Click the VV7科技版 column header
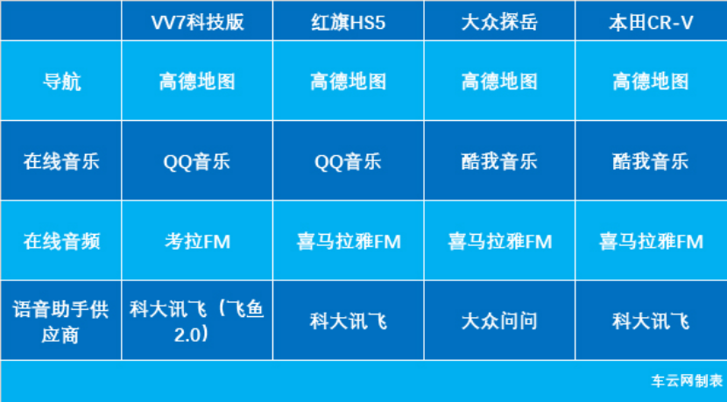coord(197,22)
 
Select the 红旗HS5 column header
coord(349,22)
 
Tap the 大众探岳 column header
coord(499,22)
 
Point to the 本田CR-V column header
coord(651,22)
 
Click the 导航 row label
coord(61,81)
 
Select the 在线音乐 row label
coord(61,162)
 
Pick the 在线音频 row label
coord(61,242)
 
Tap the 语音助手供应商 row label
coord(60,321)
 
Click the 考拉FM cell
coord(197,242)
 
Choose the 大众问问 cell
coord(499,321)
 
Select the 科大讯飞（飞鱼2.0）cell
coord(197,321)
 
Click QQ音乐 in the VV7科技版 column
coord(197,162)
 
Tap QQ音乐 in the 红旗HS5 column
coord(349,162)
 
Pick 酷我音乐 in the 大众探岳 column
coord(499,162)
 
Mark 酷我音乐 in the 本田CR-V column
coord(651,162)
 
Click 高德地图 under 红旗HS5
coord(349,81)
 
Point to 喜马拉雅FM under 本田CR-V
coord(651,242)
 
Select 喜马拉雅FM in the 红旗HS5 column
coord(349,242)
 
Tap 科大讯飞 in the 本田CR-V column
coord(651,321)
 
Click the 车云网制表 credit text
coord(687,381)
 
